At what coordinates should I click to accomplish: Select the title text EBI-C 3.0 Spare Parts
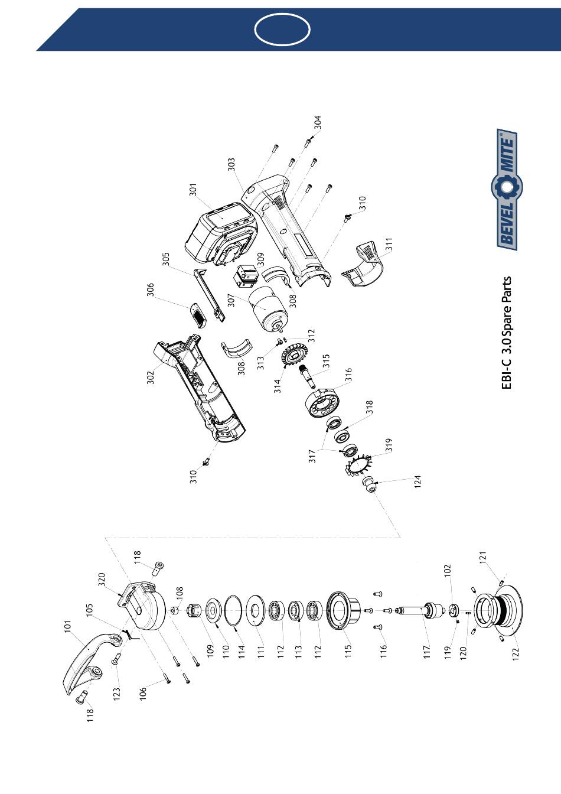pos(507,333)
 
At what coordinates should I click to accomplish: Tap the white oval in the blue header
pos(282,28)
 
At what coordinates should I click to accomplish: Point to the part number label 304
pos(318,123)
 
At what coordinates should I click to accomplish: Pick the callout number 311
pos(388,245)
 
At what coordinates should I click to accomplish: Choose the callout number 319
pos(389,445)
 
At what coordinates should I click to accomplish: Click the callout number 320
pos(101,580)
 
